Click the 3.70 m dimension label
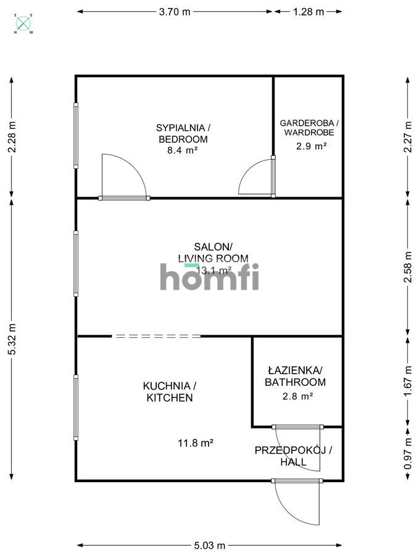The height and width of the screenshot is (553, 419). (175, 11)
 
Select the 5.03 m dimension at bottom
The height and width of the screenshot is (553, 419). (210, 545)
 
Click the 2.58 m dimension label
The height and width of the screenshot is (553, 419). (407, 267)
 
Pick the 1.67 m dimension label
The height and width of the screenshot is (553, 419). (407, 382)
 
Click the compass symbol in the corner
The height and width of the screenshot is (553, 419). (24, 24)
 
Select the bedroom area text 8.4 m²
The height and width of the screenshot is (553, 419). (183, 150)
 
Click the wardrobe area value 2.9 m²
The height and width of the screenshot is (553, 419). (309, 146)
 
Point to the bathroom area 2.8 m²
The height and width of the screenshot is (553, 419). (296, 396)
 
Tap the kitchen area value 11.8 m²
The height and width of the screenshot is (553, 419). (195, 442)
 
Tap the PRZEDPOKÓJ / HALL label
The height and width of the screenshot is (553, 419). (293, 456)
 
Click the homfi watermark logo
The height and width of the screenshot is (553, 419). (210, 277)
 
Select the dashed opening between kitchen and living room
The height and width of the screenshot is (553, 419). (156, 336)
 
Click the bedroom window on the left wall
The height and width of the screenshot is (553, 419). (77, 136)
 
